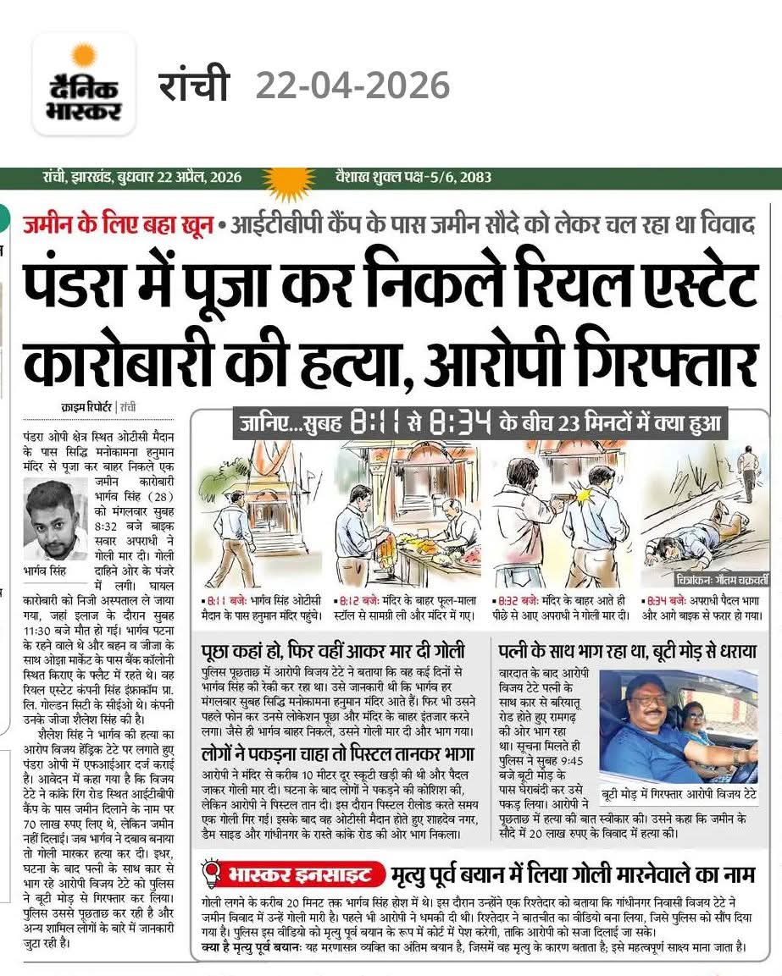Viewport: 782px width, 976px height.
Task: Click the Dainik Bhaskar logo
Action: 83,85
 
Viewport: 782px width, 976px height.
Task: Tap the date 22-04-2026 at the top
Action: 352,85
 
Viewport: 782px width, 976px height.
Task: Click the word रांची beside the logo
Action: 194,85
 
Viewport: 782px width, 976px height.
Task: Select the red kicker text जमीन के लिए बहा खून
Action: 117,226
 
